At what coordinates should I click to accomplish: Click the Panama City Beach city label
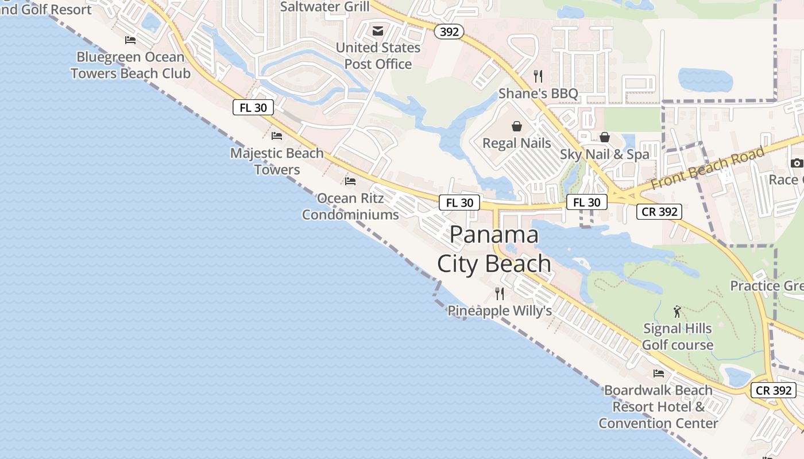(x=494, y=249)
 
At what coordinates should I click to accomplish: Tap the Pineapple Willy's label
(x=500, y=311)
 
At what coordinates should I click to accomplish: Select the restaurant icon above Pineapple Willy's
(x=500, y=294)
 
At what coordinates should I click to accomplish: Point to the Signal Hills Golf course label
(x=678, y=337)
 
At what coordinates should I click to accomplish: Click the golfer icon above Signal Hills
(x=678, y=312)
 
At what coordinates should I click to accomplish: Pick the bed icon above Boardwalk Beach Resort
(x=659, y=374)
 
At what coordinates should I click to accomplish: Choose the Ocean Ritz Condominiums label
(x=350, y=207)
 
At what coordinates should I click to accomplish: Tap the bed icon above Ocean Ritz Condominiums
(x=350, y=181)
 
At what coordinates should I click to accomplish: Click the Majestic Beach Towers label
(x=277, y=161)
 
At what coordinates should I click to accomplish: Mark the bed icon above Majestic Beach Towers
(x=277, y=136)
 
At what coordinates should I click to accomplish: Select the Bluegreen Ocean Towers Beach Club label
(x=130, y=65)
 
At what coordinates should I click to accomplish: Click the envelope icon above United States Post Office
(x=378, y=31)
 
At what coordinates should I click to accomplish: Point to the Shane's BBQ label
(x=538, y=94)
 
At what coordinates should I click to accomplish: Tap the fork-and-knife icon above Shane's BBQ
(x=538, y=76)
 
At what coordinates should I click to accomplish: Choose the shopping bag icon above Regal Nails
(x=517, y=126)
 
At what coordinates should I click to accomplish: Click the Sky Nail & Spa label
(x=605, y=154)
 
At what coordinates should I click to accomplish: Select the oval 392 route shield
(x=449, y=32)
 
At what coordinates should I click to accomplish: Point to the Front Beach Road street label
(x=708, y=168)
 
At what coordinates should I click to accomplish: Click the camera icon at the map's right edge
(x=797, y=163)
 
